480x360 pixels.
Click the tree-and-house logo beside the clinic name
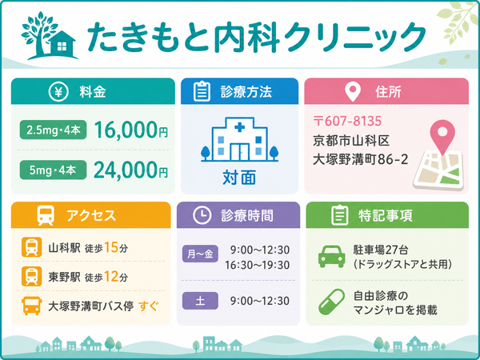click(x=49, y=35)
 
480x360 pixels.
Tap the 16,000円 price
click(x=131, y=130)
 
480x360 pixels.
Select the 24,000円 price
click(x=131, y=170)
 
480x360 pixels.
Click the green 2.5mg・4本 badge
click(x=53, y=130)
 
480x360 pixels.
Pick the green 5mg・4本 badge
click(x=53, y=170)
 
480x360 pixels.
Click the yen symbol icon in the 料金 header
click(x=58, y=92)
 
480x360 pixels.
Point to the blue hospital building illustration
click(x=240, y=139)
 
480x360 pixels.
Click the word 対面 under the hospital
click(x=239, y=178)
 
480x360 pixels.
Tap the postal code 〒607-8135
click(x=347, y=122)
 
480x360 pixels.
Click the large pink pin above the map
click(x=442, y=136)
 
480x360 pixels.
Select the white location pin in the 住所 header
click(x=352, y=91)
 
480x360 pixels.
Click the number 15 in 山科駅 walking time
click(x=111, y=247)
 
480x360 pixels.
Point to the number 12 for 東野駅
click(x=111, y=277)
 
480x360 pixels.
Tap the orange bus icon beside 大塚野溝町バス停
click(x=31, y=306)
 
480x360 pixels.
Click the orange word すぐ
click(x=149, y=306)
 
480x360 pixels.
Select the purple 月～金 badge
click(x=200, y=254)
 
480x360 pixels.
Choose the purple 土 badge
click(x=200, y=301)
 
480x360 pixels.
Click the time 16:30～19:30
click(x=258, y=265)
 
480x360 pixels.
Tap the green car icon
click(x=332, y=257)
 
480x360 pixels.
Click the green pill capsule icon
click(x=331, y=302)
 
